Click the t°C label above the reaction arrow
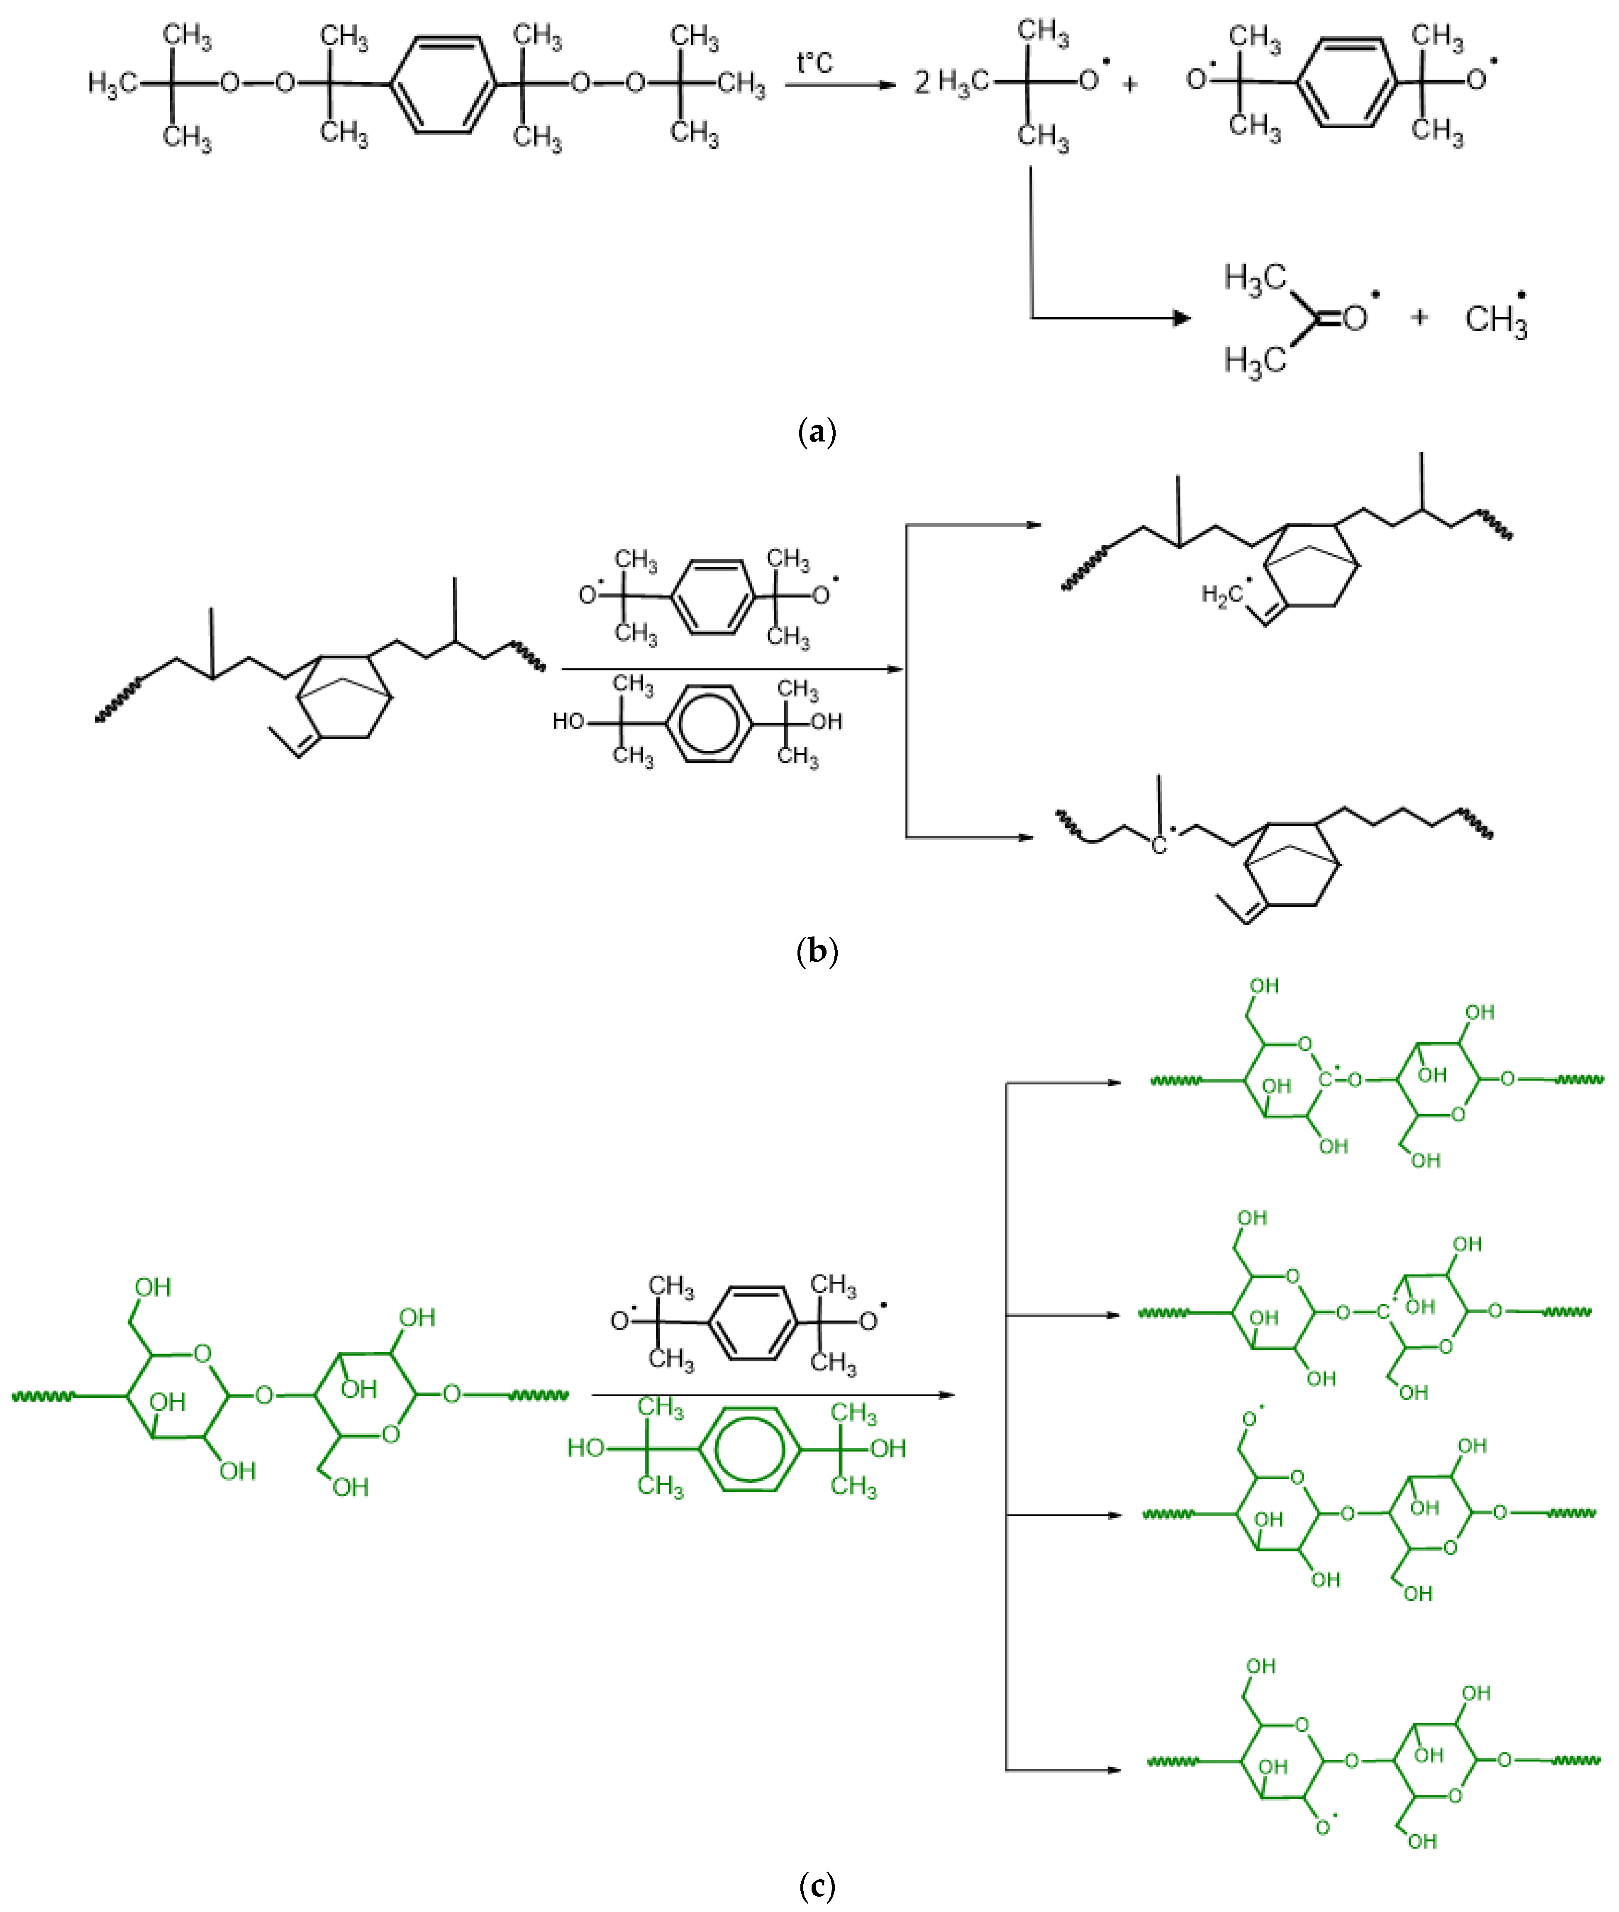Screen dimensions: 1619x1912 814,62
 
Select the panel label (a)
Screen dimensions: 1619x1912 817,431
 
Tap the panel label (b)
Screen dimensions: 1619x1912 817,951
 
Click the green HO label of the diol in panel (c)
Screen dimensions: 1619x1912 585,1449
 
